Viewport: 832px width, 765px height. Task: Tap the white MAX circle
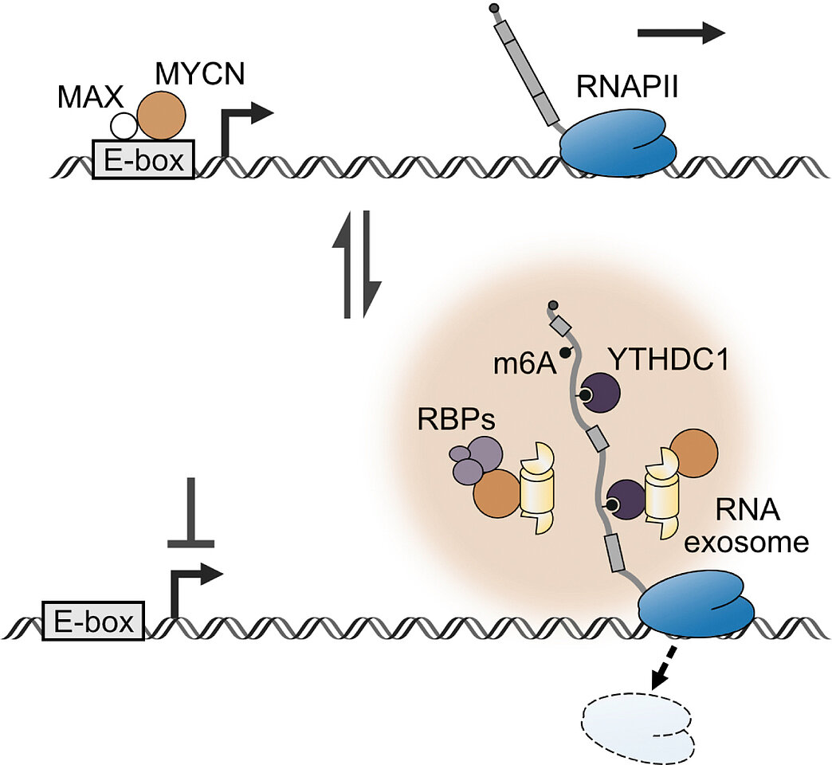(x=124, y=126)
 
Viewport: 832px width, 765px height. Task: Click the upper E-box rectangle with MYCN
(x=143, y=159)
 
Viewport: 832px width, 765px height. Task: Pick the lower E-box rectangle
(x=92, y=619)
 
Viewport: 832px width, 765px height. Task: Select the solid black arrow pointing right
(x=681, y=32)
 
